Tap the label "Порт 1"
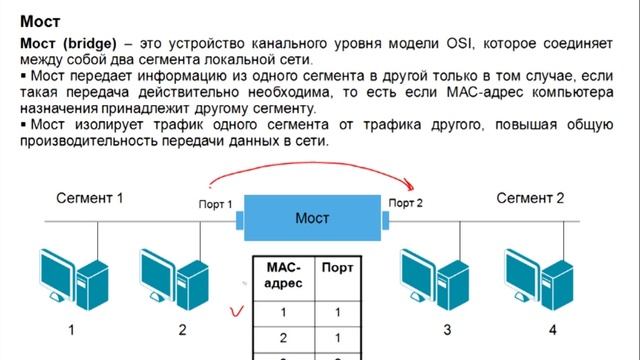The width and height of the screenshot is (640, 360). click(216, 204)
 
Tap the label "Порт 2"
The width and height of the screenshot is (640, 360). click(406, 204)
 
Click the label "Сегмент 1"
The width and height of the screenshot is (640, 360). click(89, 197)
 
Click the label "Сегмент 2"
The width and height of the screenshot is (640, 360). click(530, 197)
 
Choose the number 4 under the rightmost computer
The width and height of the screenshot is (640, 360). click(552, 328)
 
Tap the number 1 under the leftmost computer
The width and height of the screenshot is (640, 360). click(71, 328)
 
